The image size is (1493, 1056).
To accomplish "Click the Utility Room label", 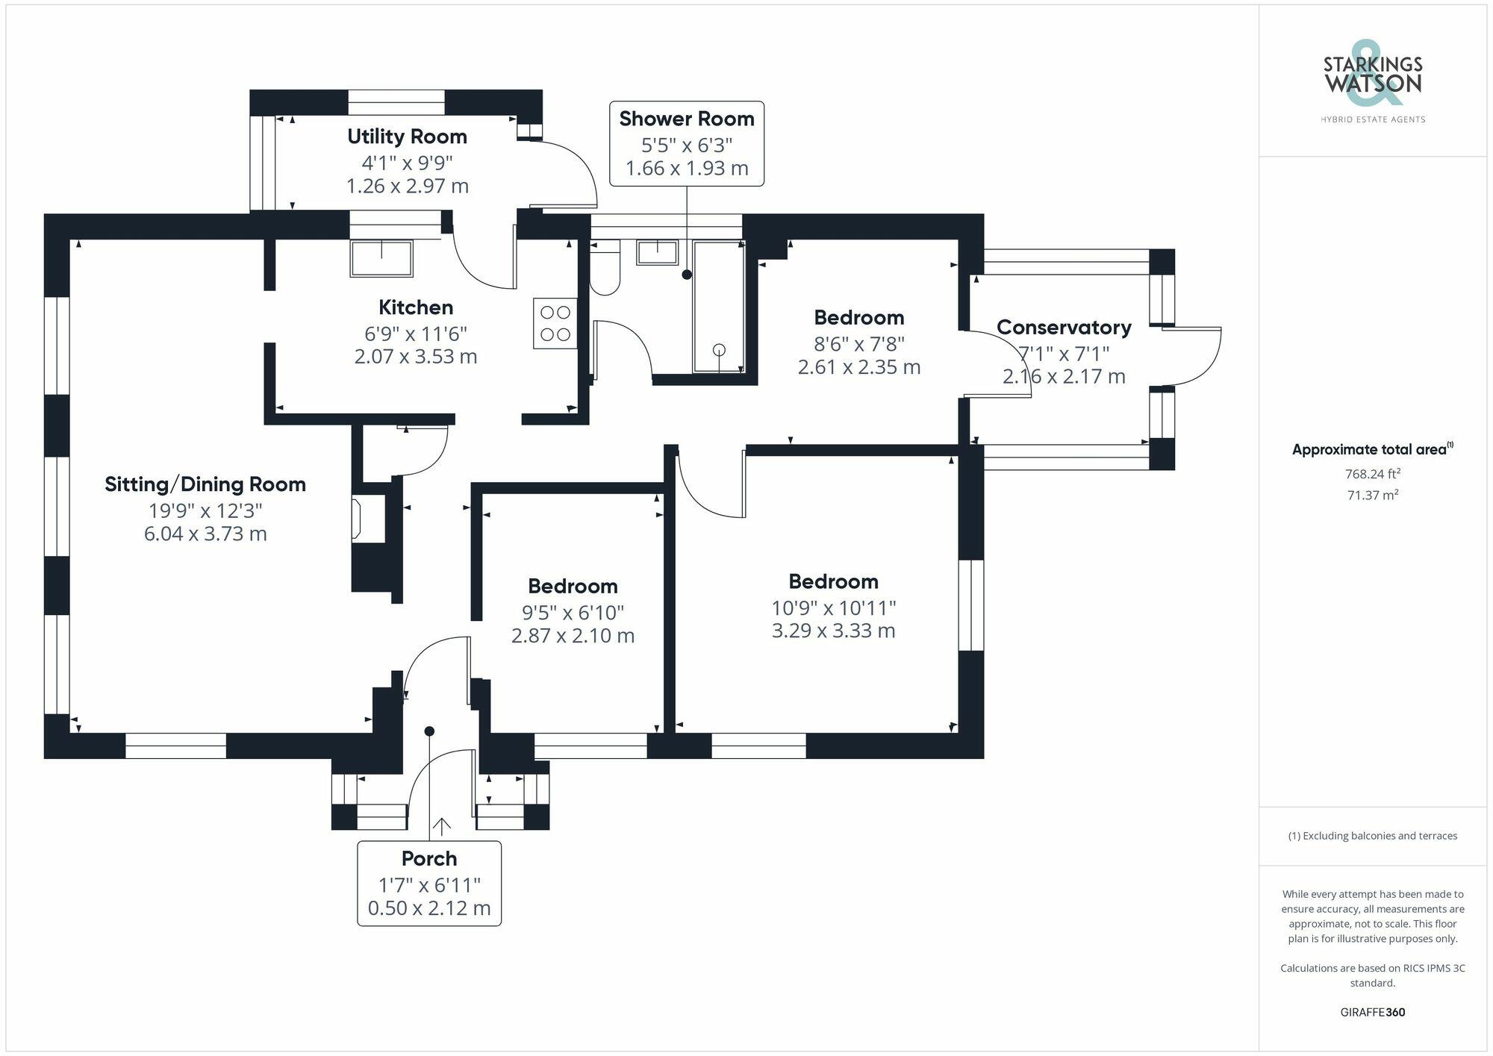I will [407, 137].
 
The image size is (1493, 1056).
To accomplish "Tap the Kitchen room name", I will [416, 307].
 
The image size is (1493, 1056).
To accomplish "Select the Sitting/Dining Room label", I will [205, 484].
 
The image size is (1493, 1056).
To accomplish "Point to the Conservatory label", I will [1064, 328].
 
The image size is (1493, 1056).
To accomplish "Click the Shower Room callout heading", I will [687, 119].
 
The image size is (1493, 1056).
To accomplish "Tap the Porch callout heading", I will [429, 859].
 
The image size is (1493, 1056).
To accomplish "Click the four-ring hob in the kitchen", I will [555, 323].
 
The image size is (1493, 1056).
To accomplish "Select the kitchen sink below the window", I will [381, 258].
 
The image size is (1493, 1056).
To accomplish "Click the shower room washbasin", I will [657, 252].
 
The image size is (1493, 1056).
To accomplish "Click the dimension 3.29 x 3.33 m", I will [833, 631].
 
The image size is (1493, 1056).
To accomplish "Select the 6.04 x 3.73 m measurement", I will [205, 534].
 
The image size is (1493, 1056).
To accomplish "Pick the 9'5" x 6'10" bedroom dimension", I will [573, 613].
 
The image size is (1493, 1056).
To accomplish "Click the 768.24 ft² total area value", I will [1373, 474].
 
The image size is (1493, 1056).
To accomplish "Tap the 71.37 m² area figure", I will [1373, 495].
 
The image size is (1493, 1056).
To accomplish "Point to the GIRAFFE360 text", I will [1373, 1012].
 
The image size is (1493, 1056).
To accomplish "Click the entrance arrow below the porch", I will [442, 827].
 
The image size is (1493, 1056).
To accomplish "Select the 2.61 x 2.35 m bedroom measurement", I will [859, 367].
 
